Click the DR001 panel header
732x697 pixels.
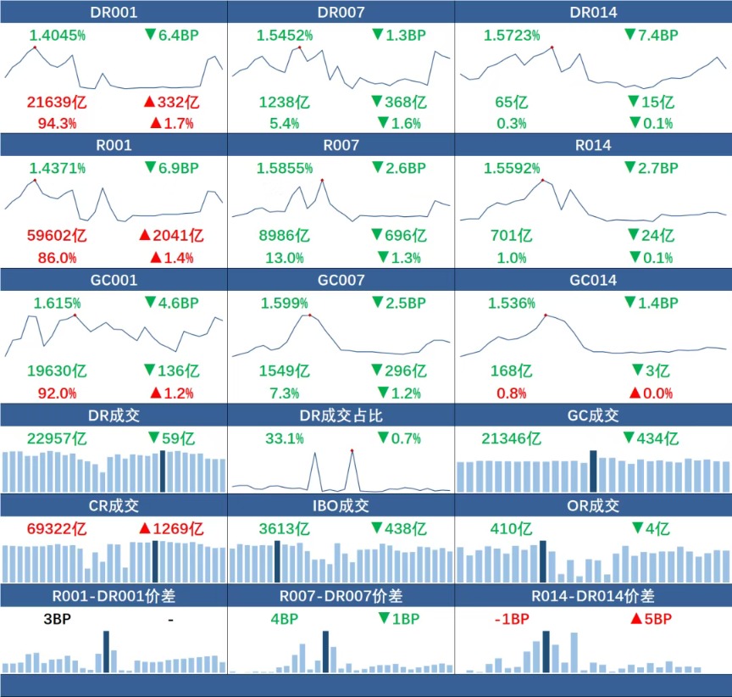tap(114, 12)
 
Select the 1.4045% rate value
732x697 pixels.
tap(58, 35)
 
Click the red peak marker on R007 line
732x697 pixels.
tap(322, 180)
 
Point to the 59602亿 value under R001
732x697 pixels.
tap(57, 236)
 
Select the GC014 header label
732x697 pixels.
tap(593, 281)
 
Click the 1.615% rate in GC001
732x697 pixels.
tap(58, 303)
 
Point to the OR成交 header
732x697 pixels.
tap(593, 506)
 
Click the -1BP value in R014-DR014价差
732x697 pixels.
tap(512, 619)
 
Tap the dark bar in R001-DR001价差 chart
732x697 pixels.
tap(106, 651)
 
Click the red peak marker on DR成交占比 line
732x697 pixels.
tap(352, 450)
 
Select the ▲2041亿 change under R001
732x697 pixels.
tap(173, 236)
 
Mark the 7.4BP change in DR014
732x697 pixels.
tap(651, 35)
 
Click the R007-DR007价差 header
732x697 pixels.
tap(341, 596)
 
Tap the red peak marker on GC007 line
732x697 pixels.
tap(309, 315)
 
